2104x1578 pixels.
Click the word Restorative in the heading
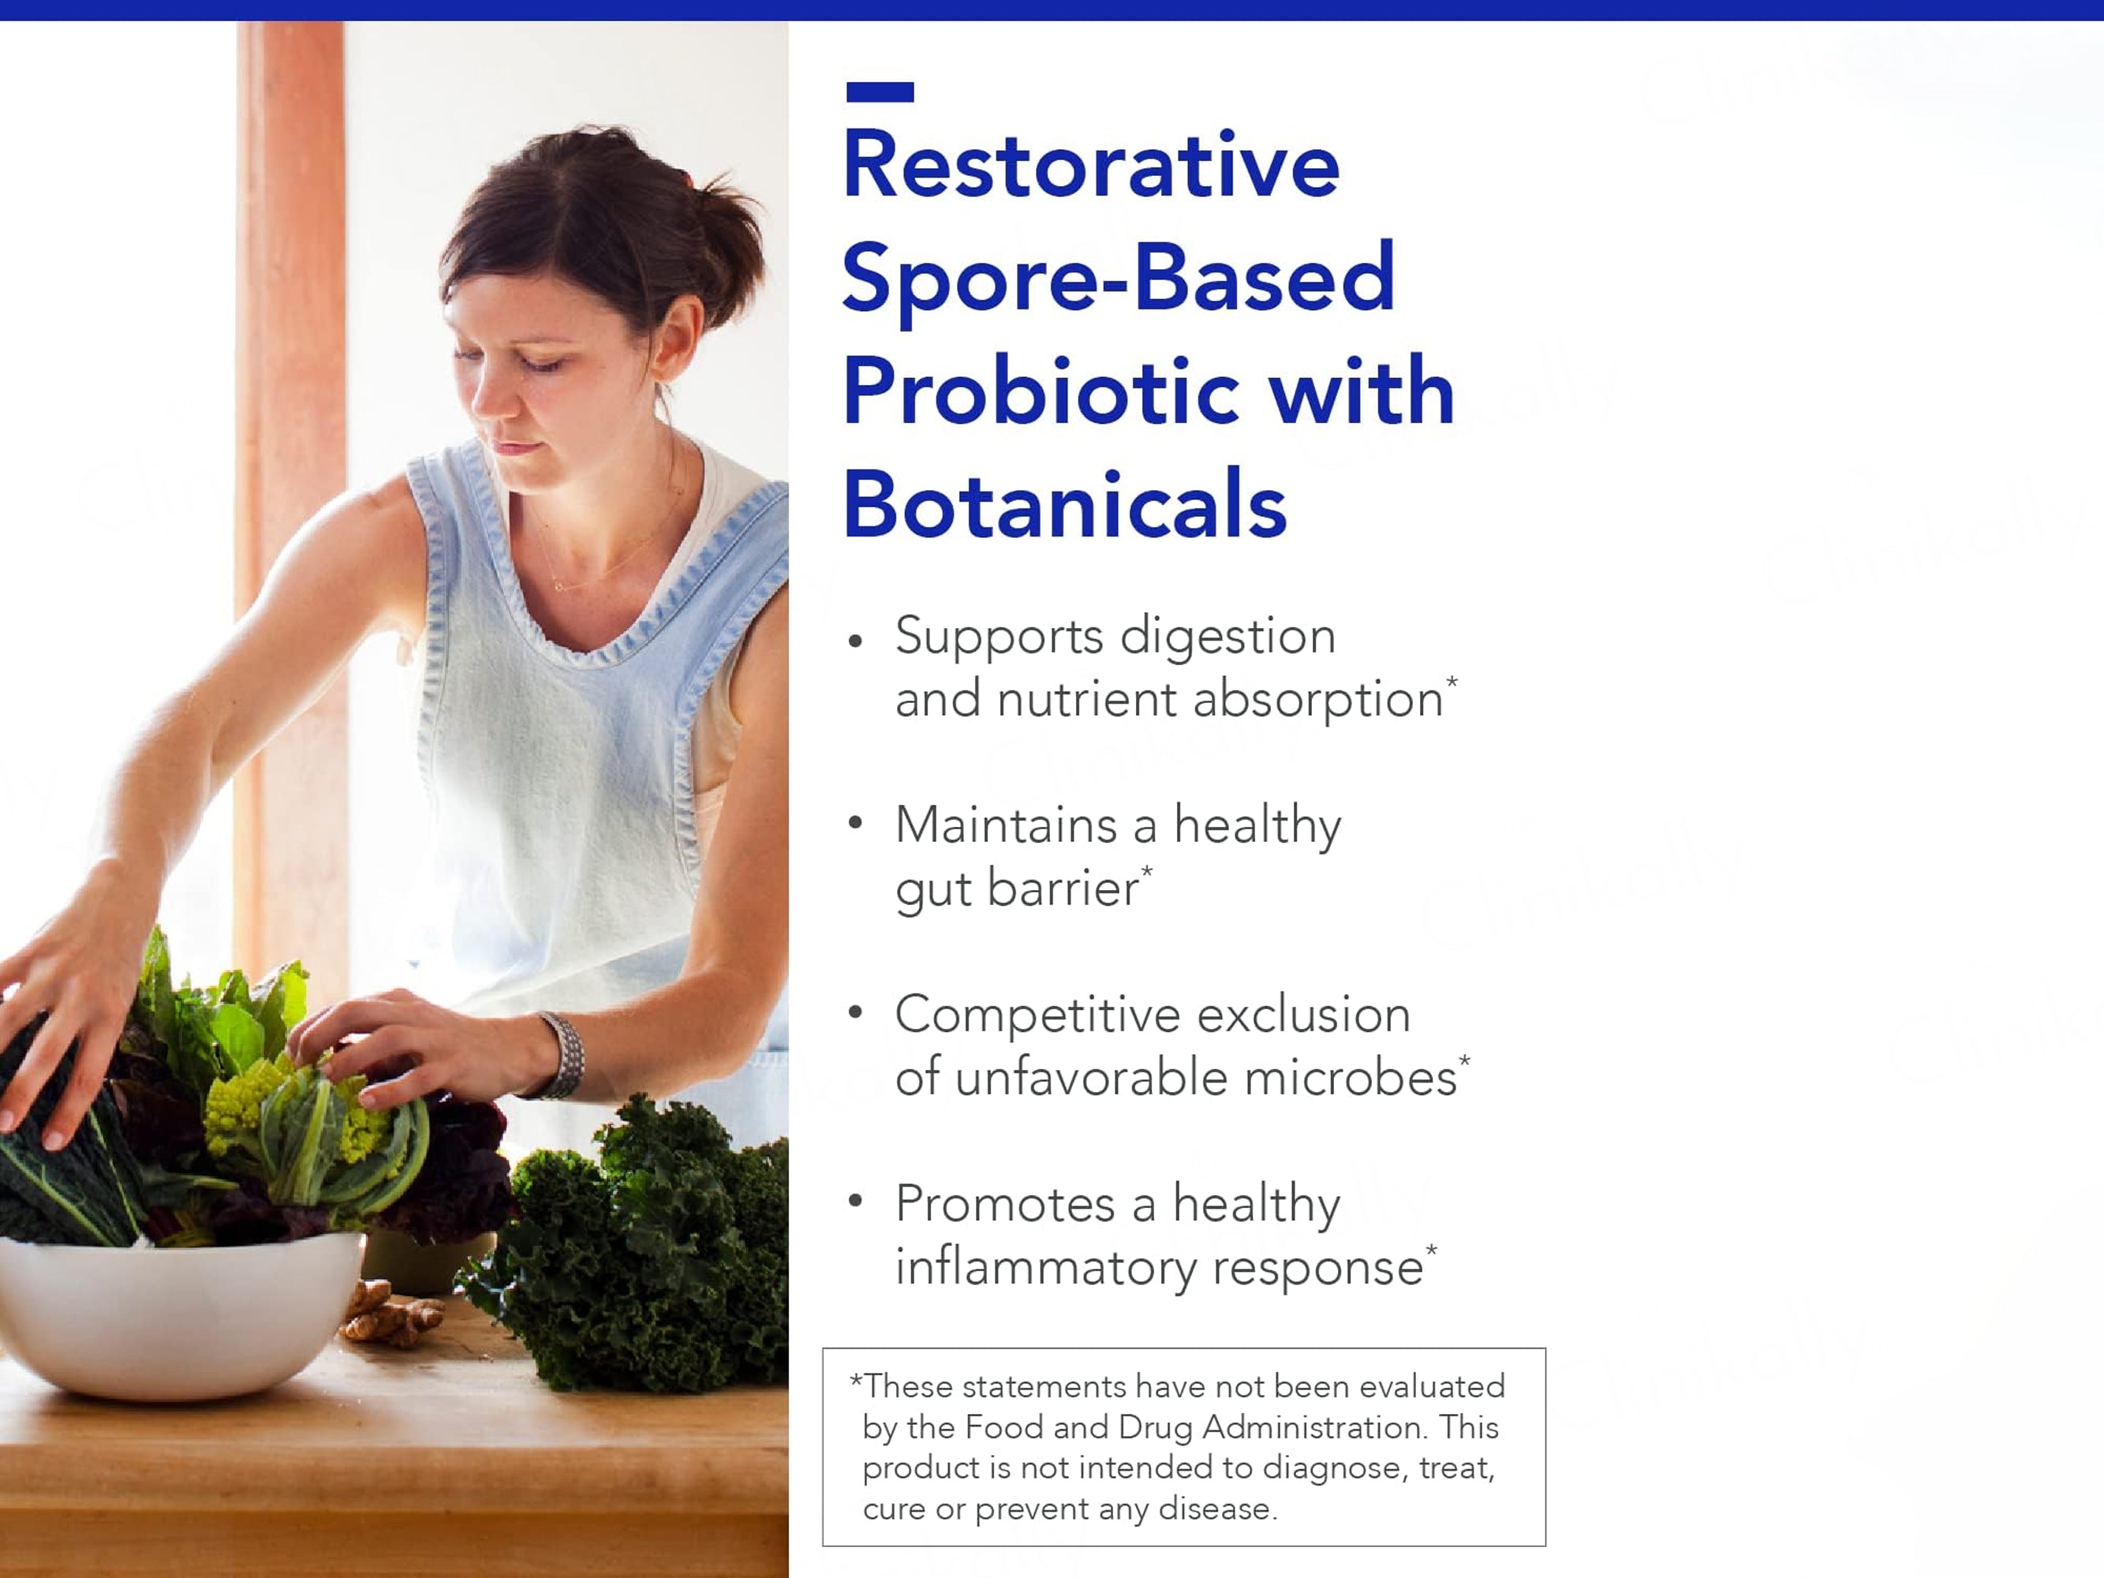pos(1090,166)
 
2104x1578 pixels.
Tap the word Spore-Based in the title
pos(1118,278)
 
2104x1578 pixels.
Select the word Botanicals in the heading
pos(1064,504)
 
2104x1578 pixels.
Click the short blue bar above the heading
pos(880,92)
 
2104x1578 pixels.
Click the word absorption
pos(1317,700)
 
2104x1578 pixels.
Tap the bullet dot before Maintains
pos(855,823)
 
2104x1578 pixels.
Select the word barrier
pos(1063,888)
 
